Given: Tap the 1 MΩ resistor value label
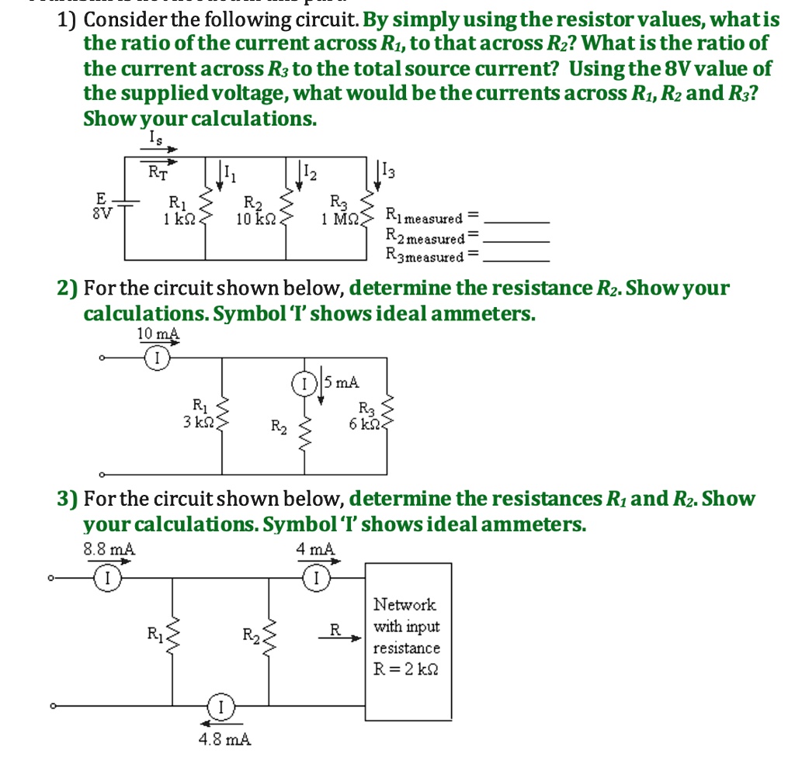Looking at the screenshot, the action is click(x=339, y=219).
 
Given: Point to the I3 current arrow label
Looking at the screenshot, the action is click(x=388, y=171).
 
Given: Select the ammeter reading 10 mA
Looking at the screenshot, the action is click(x=158, y=334).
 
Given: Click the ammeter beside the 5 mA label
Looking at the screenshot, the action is click(x=303, y=382).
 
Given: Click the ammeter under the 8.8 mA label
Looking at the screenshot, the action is click(x=108, y=576).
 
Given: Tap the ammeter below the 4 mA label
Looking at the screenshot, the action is click(x=316, y=576).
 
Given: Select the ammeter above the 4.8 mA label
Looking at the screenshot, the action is click(x=221, y=707).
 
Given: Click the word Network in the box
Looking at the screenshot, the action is click(x=404, y=604).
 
